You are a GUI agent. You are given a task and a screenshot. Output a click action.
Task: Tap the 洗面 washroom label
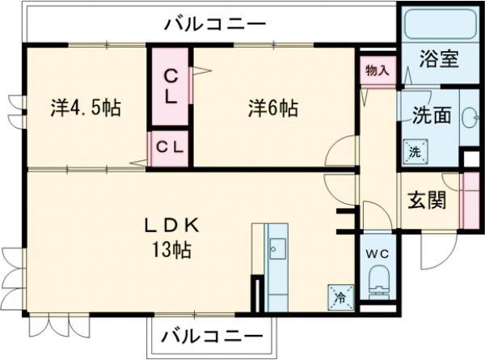pyautogui.click(x=432, y=115)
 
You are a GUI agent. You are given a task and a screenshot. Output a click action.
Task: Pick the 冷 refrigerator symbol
pyautogui.click(x=339, y=297)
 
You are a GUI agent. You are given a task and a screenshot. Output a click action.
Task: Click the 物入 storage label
pyautogui.click(x=376, y=70)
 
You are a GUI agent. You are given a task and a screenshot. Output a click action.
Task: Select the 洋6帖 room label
pyautogui.click(x=272, y=108)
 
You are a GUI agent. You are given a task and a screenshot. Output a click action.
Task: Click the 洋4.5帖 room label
pyautogui.click(x=85, y=108)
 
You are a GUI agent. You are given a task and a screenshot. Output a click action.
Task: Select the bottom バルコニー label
pyautogui.click(x=211, y=334)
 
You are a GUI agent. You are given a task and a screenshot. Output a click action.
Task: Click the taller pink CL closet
pyautogui.click(x=171, y=87)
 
